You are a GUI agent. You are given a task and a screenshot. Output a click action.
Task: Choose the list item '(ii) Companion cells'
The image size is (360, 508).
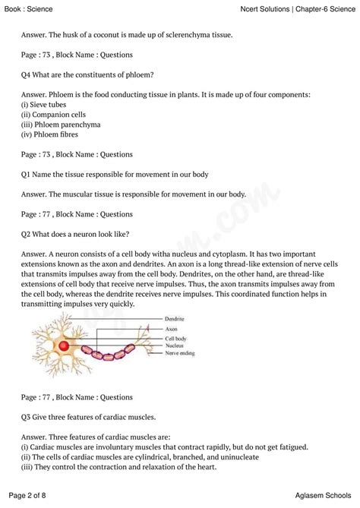click(x=55, y=115)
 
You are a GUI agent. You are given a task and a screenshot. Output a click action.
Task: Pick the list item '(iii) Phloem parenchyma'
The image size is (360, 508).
click(x=61, y=125)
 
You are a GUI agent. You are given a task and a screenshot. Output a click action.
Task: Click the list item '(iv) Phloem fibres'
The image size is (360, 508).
click(x=52, y=134)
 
